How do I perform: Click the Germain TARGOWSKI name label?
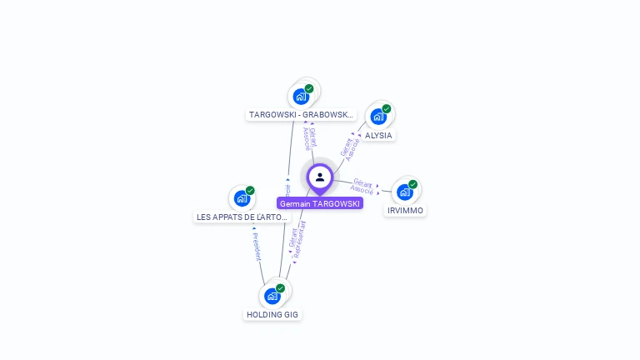320,203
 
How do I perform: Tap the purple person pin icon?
320,177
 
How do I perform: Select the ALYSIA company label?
378,135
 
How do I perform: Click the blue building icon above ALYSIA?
378,117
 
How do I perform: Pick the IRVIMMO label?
406,211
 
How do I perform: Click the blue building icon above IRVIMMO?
404,192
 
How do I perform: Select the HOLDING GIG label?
272,314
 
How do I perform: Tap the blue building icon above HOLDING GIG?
272,296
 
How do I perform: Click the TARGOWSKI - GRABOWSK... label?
302,115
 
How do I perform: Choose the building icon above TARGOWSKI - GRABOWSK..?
301,96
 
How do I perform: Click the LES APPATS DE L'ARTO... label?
242,217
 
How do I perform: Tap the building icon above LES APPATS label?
242,198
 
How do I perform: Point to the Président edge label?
257,247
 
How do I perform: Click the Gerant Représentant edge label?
297,241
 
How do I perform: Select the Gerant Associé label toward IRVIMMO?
362,187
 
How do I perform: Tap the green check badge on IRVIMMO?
412,184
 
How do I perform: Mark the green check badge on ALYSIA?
387,108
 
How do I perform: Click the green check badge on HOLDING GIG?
280,288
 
